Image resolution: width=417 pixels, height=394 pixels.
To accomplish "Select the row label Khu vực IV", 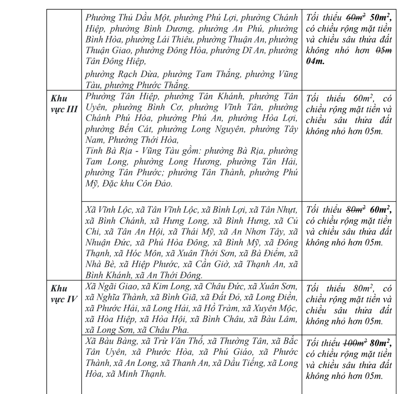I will (x=64, y=294).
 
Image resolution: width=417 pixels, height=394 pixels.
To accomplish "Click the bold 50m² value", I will (x=380, y=18).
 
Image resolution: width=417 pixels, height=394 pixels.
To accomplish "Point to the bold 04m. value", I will (x=315, y=61).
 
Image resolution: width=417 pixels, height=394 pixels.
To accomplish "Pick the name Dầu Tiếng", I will (x=243, y=363).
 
